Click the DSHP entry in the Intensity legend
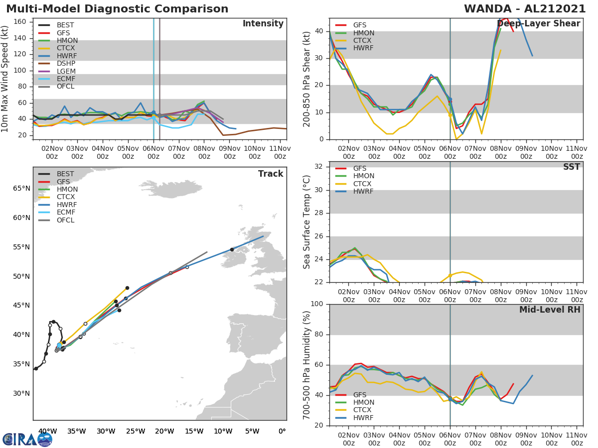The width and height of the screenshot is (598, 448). (x=66, y=63)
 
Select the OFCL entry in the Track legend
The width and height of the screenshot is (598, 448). (x=65, y=220)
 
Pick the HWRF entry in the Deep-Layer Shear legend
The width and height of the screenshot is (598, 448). (x=363, y=48)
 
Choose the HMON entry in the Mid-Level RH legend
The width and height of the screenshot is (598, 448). (x=363, y=402)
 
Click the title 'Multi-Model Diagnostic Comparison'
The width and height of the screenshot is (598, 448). (x=117, y=9)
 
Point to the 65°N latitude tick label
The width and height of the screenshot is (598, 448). (x=21, y=189)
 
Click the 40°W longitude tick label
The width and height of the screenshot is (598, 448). (x=47, y=431)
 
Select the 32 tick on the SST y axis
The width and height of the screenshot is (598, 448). (x=320, y=167)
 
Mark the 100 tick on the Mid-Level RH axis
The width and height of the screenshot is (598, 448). (x=317, y=304)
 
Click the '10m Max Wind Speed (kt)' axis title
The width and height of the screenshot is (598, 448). (x=5, y=80)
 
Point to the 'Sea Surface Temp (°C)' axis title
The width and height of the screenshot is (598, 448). (x=307, y=222)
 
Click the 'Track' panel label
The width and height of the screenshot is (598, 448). (x=270, y=174)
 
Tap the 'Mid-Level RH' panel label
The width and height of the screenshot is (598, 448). (x=549, y=310)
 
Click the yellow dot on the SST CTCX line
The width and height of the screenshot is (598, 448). (x=450, y=275)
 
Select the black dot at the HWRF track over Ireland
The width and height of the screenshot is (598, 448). (x=232, y=249)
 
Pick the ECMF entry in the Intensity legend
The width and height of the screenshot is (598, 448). (x=66, y=79)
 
